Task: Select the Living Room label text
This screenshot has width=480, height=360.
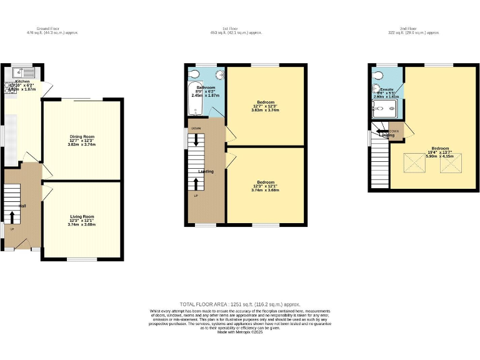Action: (x=82, y=219)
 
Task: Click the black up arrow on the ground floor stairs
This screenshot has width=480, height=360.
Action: (x=11, y=216)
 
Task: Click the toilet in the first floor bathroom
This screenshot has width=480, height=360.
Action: (x=195, y=74)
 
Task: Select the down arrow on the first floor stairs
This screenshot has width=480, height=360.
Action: (x=196, y=146)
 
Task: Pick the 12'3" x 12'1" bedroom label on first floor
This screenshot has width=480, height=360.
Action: (x=265, y=186)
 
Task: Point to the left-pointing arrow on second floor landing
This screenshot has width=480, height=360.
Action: (x=381, y=132)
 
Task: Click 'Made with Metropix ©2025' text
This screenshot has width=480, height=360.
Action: (x=239, y=332)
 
